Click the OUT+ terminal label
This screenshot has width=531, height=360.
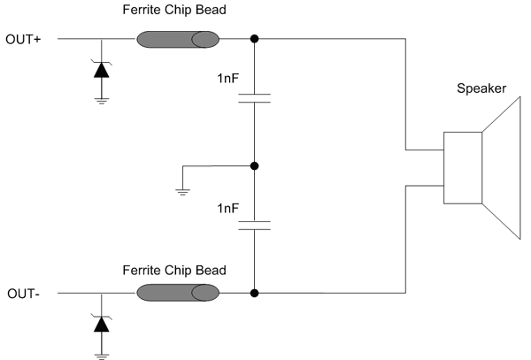pyautogui.click(x=21, y=40)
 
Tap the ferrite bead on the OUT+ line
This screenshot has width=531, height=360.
pyautogui.click(x=177, y=40)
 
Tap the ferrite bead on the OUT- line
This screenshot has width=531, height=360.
pyautogui.click(x=177, y=293)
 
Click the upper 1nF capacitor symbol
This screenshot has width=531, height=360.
pyautogui.click(x=254, y=98)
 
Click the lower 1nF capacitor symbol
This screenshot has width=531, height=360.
pyautogui.click(x=254, y=225)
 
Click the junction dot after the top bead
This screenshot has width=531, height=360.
pyautogui.click(x=254, y=40)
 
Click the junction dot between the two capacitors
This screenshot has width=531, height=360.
pyautogui.click(x=254, y=165)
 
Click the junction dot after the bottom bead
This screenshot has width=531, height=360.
pyautogui.click(x=254, y=293)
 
